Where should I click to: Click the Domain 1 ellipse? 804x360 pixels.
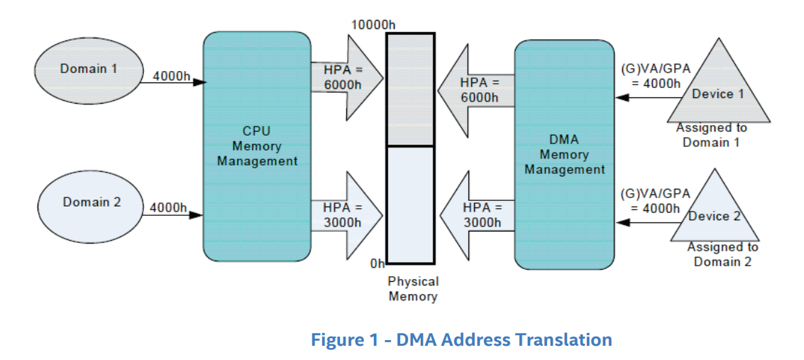(x=88, y=69)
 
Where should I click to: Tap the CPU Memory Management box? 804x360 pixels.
(x=257, y=146)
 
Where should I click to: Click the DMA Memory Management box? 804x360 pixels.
(x=564, y=154)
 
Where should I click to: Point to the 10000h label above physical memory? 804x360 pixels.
(x=373, y=25)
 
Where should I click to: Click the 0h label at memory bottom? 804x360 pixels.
(x=378, y=264)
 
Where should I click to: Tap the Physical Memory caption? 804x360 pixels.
(x=413, y=289)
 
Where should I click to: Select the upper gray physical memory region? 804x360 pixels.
(x=409, y=89)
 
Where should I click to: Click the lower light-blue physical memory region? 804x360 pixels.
(x=409, y=204)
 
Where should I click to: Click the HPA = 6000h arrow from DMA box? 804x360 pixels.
(x=475, y=89)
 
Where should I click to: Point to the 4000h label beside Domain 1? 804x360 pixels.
(x=170, y=76)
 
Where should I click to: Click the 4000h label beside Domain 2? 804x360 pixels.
(x=168, y=208)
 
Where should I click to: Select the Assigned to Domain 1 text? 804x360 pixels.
(x=712, y=135)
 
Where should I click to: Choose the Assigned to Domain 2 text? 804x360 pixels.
(x=722, y=254)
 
